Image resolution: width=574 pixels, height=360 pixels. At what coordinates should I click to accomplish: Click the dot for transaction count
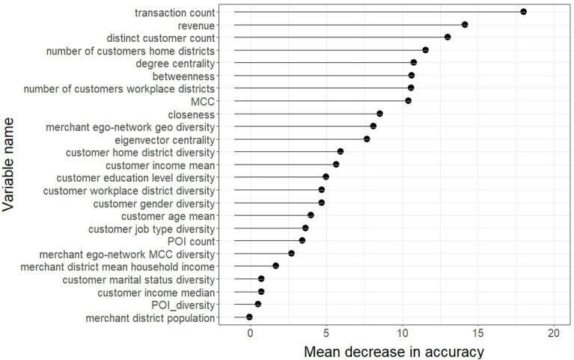523,12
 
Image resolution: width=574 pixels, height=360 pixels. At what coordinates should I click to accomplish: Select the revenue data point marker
465,25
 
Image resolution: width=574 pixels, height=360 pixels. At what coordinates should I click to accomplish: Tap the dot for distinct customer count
448,37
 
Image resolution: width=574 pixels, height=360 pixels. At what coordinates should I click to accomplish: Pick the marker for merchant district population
249,317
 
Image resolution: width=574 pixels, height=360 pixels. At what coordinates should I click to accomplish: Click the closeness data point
379,114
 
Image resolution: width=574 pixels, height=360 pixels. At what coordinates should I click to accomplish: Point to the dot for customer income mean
336,165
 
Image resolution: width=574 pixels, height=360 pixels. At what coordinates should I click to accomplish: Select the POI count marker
302,241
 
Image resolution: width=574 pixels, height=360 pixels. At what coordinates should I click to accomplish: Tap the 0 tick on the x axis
250,332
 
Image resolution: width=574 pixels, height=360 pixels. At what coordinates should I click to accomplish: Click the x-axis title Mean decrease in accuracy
394,350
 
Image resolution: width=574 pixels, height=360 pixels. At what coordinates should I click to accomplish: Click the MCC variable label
202,101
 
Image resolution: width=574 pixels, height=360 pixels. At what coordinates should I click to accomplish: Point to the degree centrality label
175,63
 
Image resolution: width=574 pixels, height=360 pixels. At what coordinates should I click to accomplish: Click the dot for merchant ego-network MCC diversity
291,254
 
